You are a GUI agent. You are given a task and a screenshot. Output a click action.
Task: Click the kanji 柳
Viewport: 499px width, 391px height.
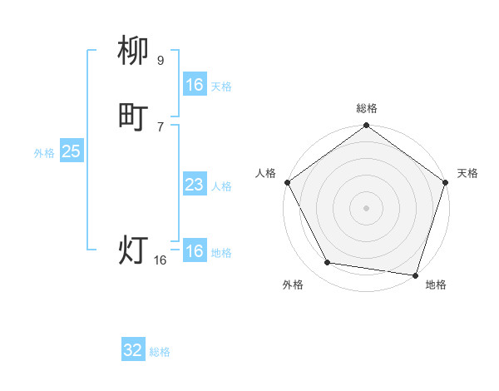tap(134, 52)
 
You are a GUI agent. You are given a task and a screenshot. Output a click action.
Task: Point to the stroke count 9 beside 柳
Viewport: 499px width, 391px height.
tap(161, 61)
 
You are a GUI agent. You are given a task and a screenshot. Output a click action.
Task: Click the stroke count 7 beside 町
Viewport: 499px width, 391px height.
tap(161, 126)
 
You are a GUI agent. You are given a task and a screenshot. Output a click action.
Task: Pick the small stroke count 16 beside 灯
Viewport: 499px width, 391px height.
tap(161, 260)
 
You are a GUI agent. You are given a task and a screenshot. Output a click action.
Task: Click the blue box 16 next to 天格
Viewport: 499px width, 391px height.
tap(194, 85)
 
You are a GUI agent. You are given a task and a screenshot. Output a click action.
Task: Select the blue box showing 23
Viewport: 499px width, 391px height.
tap(194, 185)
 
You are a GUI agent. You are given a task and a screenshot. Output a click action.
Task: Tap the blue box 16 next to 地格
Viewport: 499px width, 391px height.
tap(194, 251)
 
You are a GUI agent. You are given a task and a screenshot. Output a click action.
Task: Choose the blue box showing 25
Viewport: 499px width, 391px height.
tap(71, 151)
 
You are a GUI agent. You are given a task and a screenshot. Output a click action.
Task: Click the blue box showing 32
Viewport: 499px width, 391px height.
tap(133, 350)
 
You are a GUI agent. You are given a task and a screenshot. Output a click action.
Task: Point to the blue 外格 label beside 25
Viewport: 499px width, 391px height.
tap(44, 152)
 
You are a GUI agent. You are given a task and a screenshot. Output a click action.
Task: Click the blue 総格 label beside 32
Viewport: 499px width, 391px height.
tap(160, 352)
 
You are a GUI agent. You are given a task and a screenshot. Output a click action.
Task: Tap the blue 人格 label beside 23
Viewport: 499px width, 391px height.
tap(221, 186)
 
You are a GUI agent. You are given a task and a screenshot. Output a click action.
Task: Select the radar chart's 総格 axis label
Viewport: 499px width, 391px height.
tap(366, 108)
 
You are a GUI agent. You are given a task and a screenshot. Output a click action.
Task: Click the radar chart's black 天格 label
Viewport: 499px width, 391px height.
tap(467, 173)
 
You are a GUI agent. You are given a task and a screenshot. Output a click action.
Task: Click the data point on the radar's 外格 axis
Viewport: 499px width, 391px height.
tap(328, 263)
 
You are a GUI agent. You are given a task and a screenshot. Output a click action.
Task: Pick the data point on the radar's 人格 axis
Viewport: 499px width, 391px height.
tap(287, 182)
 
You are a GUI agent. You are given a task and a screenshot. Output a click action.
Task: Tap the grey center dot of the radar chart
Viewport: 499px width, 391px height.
tap(366, 207)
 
